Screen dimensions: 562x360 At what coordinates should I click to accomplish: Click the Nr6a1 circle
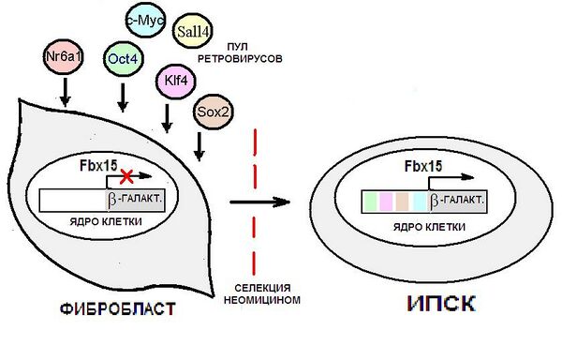pos(64,56)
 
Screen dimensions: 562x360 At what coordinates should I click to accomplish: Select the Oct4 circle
pos(123,59)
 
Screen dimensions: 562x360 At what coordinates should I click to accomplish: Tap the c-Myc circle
pos(145,20)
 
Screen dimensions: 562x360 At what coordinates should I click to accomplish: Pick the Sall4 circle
pos(193,32)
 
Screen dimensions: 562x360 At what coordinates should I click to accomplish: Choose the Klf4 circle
pos(176,81)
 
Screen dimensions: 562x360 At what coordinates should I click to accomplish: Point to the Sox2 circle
pos(213,112)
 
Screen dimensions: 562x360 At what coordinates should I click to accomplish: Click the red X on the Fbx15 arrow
pos(126,176)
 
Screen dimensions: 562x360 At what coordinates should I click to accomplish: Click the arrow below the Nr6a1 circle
pos(65,92)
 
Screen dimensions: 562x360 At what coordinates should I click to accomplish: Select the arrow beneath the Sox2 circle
pos(200,146)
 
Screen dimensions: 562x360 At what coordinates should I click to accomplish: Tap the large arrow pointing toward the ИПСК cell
pos(259,202)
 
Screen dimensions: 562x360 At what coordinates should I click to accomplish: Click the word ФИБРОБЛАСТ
pos(118,309)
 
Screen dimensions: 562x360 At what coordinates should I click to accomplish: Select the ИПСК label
pos(441,304)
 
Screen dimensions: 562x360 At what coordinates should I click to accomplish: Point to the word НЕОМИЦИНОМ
pos(262,299)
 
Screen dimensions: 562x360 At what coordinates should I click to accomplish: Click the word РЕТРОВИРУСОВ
pos(240,58)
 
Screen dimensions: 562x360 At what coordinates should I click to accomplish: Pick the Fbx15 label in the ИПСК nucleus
pos(423,166)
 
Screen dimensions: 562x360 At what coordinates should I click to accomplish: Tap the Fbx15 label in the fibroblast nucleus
pos(98,166)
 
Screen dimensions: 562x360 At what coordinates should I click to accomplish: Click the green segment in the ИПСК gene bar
pos(370,202)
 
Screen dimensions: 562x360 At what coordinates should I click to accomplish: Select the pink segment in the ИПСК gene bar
pos(386,202)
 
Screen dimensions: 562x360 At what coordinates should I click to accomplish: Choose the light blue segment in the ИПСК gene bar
pos(420,202)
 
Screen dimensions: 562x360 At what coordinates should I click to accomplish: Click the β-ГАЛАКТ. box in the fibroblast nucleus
pos(136,200)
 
